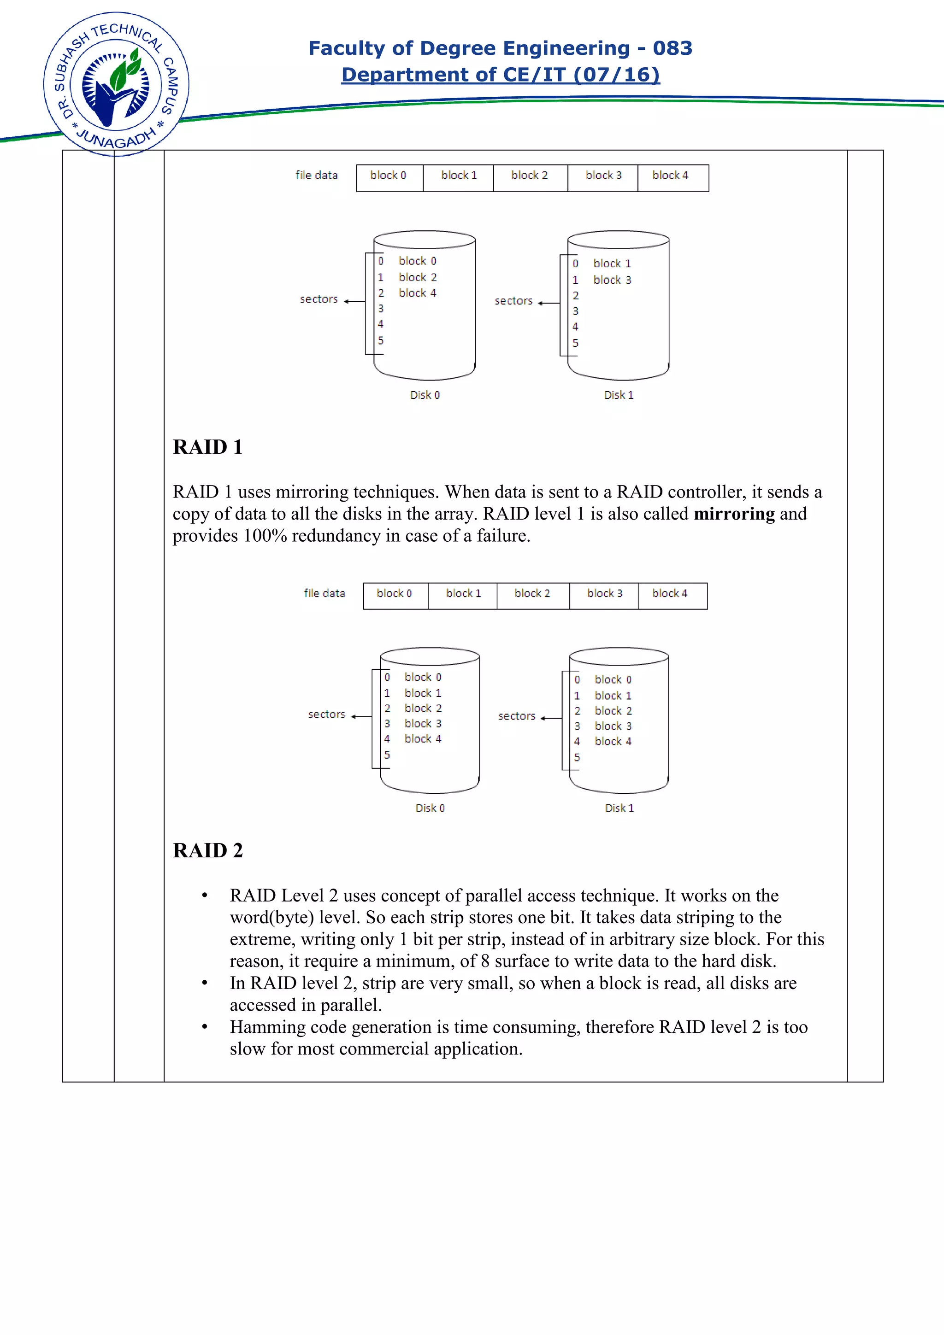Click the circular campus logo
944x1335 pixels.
[116, 85]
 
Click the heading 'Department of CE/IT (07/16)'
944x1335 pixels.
[500, 75]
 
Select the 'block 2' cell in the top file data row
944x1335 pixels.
[529, 176]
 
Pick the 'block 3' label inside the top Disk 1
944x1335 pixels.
[612, 280]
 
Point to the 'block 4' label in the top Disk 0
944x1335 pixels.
[417, 293]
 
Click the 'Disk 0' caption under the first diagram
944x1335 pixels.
[425, 395]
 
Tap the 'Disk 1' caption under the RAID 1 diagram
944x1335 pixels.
[619, 808]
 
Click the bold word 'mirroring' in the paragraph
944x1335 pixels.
[734, 514]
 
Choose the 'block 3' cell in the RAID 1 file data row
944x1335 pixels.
[604, 594]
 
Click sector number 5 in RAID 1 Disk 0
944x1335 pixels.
[387, 755]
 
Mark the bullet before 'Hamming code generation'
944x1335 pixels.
[205, 1027]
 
